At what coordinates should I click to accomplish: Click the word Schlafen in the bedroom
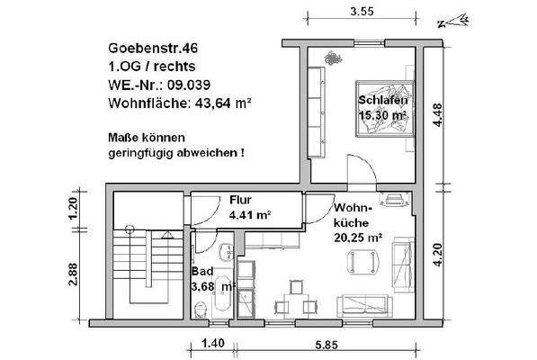click(x=381, y=101)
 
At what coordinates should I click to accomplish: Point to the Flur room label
click(x=240, y=200)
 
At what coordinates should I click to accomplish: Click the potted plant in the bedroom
click(x=331, y=59)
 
